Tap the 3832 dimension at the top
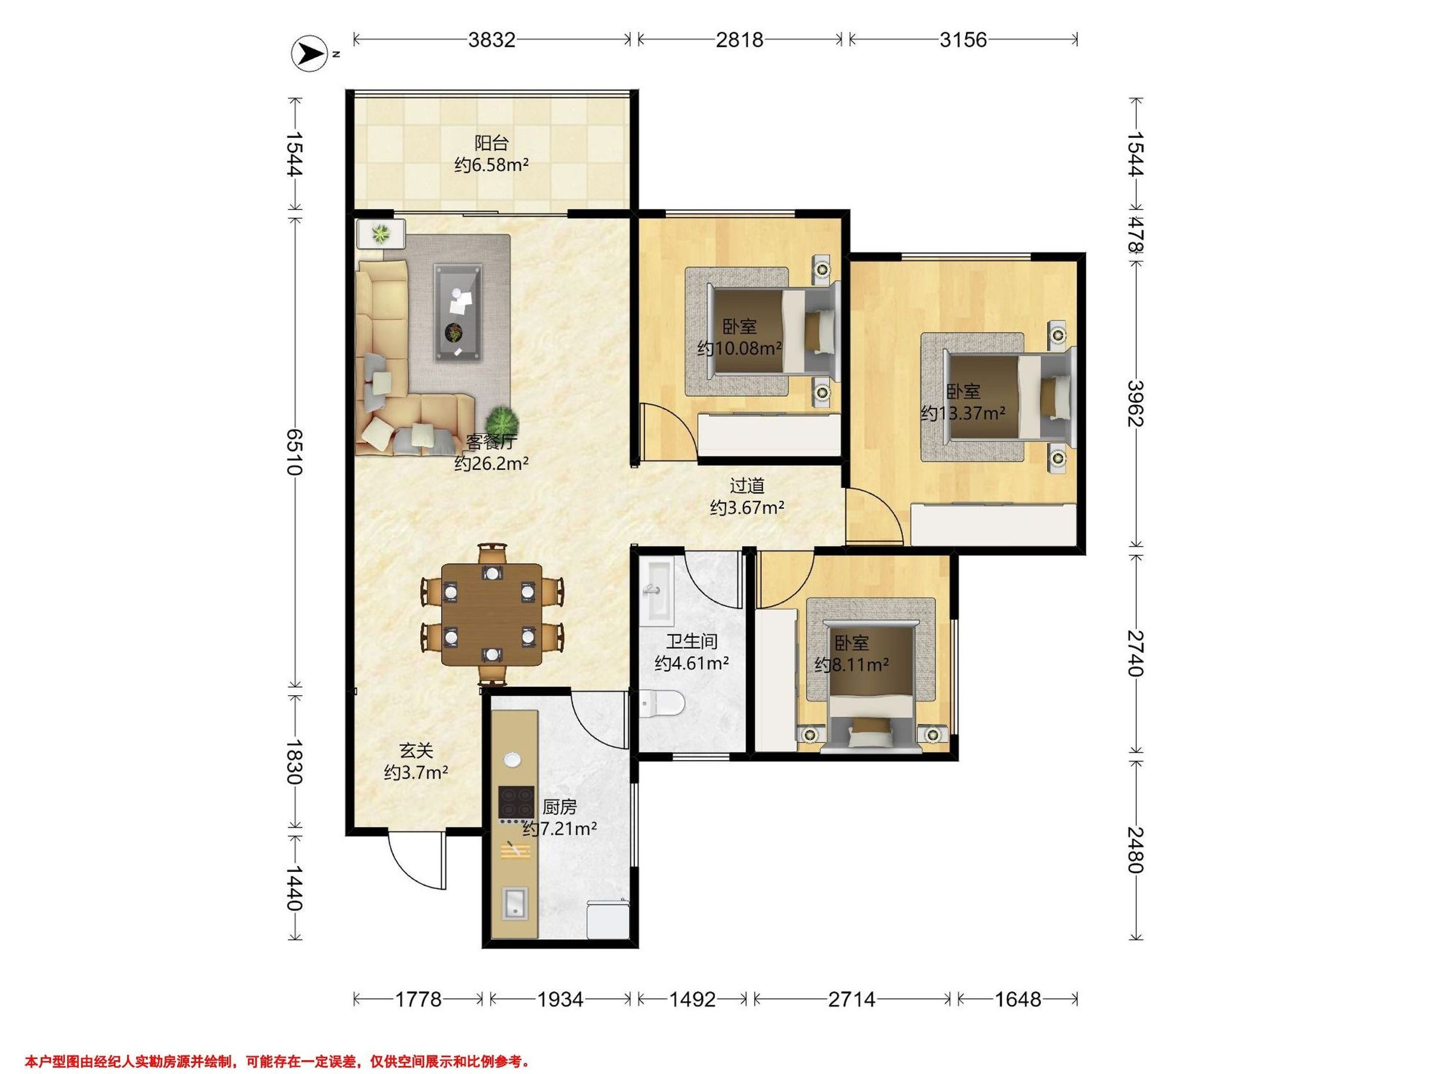[x=492, y=40]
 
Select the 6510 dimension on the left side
[x=295, y=451]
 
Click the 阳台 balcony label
[x=492, y=143]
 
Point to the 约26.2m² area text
[x=492, y=464]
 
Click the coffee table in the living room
[x=458, y=312]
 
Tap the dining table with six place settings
[x=493, y=615]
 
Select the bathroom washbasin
[x=656, y=591]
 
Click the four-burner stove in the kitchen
[x=516, y=803]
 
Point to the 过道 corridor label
[x=747, y=486]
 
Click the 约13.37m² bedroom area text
[x=964, y=413]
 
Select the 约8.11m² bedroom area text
[x=851, y=665]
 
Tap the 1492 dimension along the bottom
[x=692, y=999]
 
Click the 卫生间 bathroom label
[x=692, y=641]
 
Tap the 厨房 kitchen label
[x=560, y=807]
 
